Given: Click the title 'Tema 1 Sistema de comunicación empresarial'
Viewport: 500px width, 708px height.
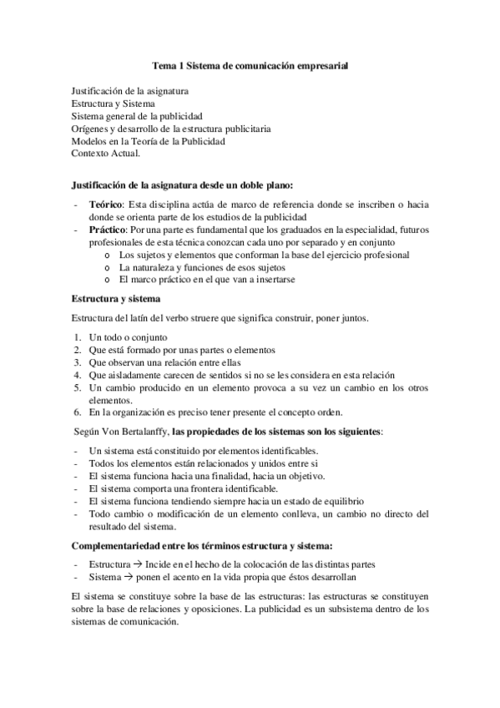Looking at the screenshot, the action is point(250,63).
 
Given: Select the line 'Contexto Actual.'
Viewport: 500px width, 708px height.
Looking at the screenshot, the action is point(106,154).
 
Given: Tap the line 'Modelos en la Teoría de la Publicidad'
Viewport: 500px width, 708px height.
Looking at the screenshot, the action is point(148,141).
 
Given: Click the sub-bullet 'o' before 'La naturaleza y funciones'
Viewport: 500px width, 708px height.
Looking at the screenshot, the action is point(108,267).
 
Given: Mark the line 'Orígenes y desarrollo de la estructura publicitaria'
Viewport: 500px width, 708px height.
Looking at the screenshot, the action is point(170,129).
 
